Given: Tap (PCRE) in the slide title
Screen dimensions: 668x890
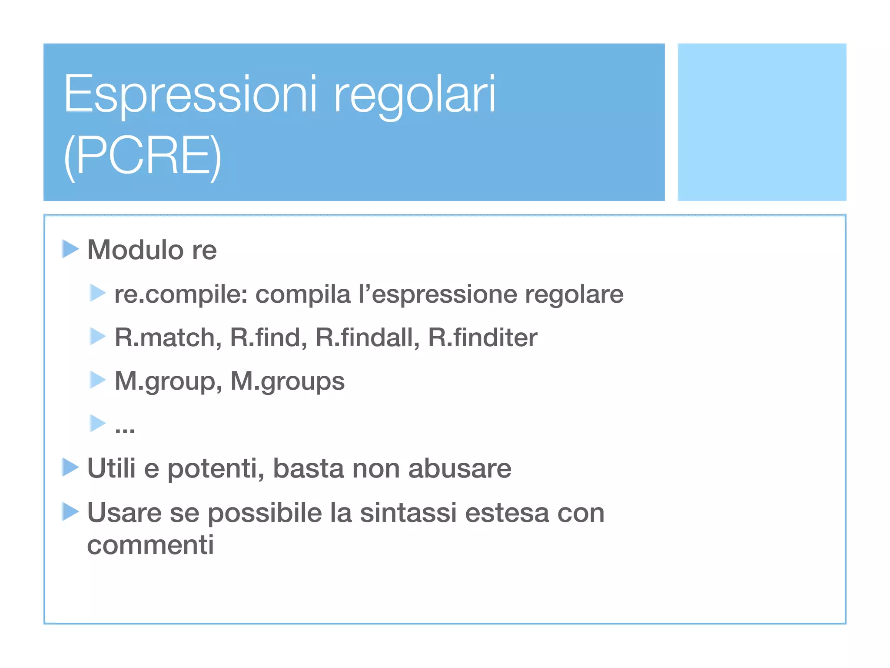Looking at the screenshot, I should click(143, 157).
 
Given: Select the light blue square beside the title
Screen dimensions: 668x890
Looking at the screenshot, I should click(762, 122).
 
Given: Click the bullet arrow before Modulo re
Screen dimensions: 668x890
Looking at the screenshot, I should click(70, 249).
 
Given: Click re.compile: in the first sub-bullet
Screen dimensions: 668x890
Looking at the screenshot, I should click(181, 294).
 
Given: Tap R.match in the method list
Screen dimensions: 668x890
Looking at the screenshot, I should click(168, 337).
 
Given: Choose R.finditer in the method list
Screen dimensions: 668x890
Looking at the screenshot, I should click(482, 337).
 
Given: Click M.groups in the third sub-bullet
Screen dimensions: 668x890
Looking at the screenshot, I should click(287, 381).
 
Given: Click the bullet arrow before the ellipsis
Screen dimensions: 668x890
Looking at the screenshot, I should click(97, 423).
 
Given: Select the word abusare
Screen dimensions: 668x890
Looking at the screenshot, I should click(460, 469).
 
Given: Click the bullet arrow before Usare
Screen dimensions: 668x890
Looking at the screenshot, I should click(70, 511).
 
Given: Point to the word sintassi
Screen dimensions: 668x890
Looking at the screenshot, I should click(408, 513).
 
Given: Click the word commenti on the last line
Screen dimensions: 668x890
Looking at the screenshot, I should click(150, 544).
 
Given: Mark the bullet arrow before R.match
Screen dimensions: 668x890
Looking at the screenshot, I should click(97, 337).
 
